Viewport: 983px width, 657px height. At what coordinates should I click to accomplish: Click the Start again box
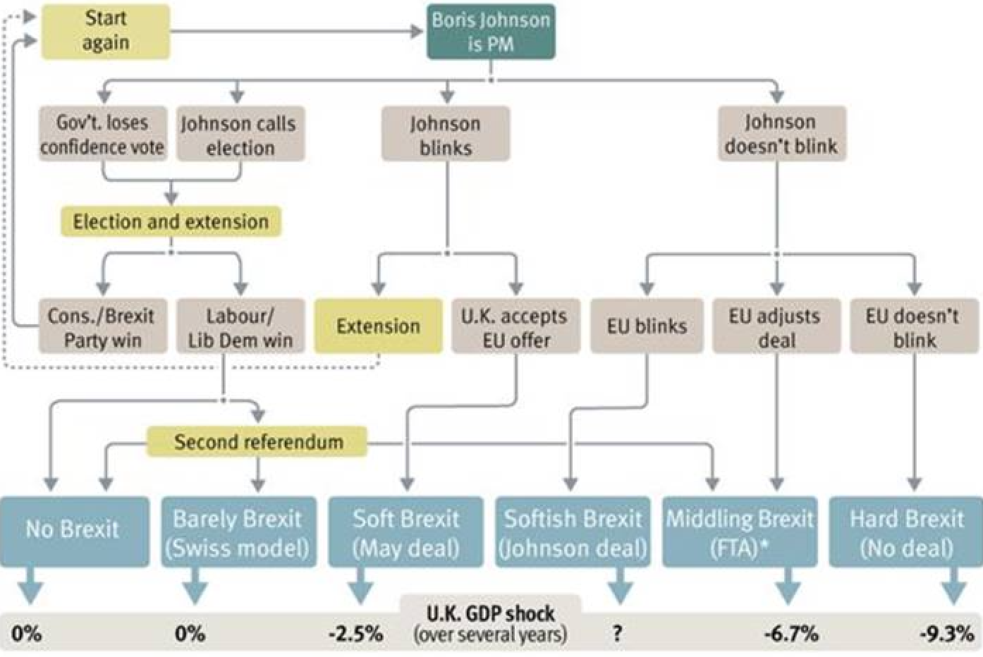tap(106, 32)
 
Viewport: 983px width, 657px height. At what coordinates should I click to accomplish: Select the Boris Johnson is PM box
tap(491, 32)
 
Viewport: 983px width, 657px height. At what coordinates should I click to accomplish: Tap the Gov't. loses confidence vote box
tap(103, 133)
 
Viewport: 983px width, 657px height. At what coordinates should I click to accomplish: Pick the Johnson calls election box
tap(240, 133)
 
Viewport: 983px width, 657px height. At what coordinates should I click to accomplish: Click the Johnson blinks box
tap(446, 133)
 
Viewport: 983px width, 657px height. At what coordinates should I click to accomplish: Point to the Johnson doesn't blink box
tap(782, 133)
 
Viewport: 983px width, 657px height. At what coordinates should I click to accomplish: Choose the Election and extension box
tap(171, 221)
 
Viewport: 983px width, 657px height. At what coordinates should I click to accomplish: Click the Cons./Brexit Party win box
tap(103, 326)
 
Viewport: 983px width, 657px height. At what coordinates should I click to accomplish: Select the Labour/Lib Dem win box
tap(240, 326)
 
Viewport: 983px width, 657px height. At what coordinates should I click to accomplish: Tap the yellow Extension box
tap(378, 326)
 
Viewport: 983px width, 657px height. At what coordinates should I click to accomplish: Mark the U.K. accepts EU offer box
tap(516, 326)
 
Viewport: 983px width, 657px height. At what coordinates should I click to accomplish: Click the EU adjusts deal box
tap(777, 326)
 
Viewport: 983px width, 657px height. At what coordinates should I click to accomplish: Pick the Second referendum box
tap(257, 442)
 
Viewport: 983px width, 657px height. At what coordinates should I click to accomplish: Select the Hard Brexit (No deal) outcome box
tap(905, 532)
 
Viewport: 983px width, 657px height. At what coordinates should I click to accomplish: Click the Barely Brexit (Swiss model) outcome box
tap(239, 532)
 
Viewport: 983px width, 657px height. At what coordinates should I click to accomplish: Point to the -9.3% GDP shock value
tap(947, 634)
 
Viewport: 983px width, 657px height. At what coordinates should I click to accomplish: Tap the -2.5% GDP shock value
tap(356, 634)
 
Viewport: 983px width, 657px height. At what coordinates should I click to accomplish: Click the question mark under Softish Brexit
tap(618, 633)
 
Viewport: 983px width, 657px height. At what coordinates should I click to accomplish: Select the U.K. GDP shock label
tap(491, 614)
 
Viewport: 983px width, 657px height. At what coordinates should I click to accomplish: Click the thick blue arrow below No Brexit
tap(31, 586)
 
